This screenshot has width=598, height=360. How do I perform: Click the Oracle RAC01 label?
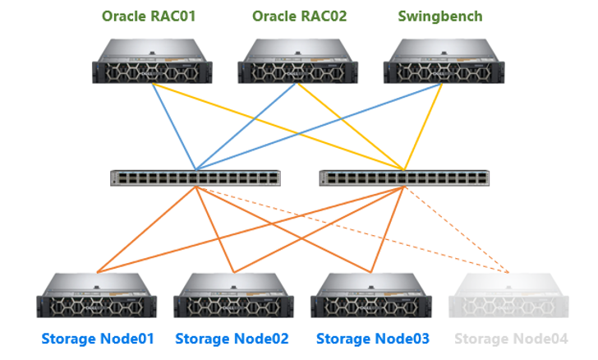(149, 16)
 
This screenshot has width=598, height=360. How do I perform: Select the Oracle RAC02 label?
(299, 16)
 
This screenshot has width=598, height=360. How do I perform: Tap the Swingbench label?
(440, 16)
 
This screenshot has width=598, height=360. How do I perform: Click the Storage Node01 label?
(98, 339)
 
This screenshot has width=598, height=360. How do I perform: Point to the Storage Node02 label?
(232, 339)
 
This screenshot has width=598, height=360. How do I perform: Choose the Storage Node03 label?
(373, 339)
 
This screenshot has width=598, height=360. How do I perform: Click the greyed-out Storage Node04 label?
(511, 339)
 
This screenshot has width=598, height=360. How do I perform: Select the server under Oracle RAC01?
(152, 61)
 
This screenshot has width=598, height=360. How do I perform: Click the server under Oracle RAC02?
(298, 61)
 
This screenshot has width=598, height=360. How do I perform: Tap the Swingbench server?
(444, 61)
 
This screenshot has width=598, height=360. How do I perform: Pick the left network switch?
(195, 178)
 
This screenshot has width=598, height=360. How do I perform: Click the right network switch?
(404, 178)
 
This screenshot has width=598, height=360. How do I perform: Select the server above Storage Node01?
(96, 296)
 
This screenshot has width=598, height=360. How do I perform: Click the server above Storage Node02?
(234, 296)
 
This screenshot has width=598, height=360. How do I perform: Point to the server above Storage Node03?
(371, 296)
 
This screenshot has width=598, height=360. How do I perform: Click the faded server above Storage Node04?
(508, 296)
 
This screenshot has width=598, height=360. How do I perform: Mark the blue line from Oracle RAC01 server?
(174, 127)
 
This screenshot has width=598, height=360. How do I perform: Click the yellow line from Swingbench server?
(423, 127)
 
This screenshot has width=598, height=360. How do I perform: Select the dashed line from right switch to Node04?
(457, 230)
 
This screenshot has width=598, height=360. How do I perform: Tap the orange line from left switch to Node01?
(146, 230)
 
